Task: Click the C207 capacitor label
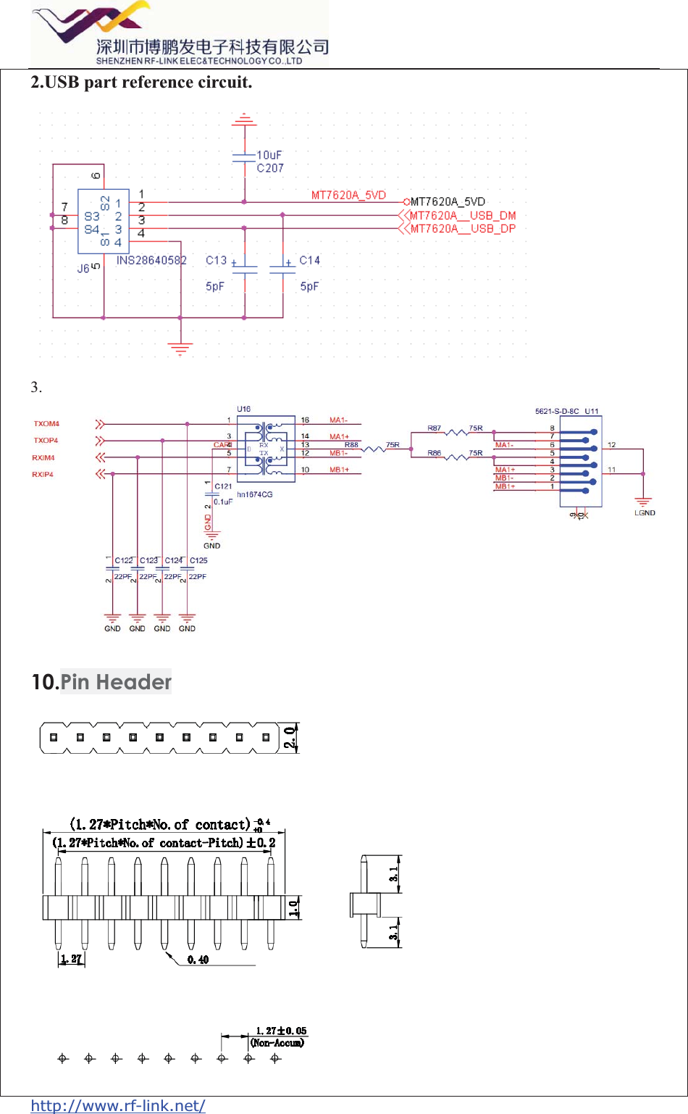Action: pos(270,168)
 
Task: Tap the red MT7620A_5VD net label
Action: pos(348,195)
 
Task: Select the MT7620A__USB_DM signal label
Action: pos(463,215)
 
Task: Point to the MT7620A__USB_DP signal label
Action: pos(463,228)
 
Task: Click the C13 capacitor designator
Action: pos(216,260)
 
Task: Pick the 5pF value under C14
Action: pos(309,286)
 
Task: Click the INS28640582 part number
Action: pos(151,260)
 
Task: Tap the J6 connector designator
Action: pos(83,268)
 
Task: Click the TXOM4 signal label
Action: pos(46,424)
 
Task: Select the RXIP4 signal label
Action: pos(43,475)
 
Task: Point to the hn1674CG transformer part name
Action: pos(255,494)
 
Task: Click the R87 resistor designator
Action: pos(434,428)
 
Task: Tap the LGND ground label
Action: pos(645,513)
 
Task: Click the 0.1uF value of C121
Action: pos(223,502)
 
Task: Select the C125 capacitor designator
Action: pos(198,560)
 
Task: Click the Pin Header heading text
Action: pos(116,682)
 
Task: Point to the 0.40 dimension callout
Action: pos(198,960)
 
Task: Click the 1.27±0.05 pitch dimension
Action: pos(281,1031)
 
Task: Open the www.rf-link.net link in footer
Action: pos(118,1105)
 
